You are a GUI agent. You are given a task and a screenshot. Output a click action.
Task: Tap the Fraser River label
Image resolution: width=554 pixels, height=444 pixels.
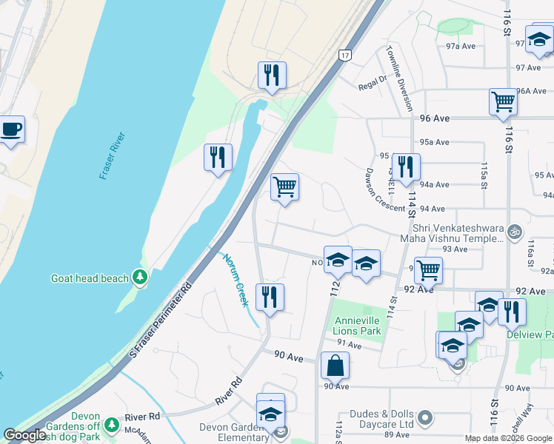(113, 156)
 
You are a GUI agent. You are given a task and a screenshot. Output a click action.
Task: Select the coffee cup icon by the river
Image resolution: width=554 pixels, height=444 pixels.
(11, 130)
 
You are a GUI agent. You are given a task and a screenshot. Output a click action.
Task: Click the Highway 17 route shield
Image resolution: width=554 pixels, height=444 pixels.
(344, 55)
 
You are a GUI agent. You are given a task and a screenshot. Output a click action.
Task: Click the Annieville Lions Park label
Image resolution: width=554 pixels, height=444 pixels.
(358, 326)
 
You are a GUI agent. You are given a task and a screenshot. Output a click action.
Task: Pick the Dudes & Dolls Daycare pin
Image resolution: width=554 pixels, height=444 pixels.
(424, 419)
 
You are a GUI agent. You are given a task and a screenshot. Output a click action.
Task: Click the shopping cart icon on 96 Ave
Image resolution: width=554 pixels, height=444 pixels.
(503, 101)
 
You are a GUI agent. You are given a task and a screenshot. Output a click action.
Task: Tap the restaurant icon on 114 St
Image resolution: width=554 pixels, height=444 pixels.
(405, 166)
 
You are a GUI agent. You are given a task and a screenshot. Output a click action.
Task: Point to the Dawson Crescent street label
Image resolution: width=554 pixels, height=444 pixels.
(385, 189)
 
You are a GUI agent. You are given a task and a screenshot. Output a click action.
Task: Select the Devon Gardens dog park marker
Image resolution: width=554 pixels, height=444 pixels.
(111, 425)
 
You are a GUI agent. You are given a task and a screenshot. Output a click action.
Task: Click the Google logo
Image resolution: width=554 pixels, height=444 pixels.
(24, 435)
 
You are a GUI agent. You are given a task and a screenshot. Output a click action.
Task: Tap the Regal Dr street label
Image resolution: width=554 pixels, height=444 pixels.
(373, 80)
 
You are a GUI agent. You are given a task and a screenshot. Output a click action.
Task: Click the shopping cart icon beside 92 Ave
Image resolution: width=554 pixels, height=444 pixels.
(427, 270)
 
